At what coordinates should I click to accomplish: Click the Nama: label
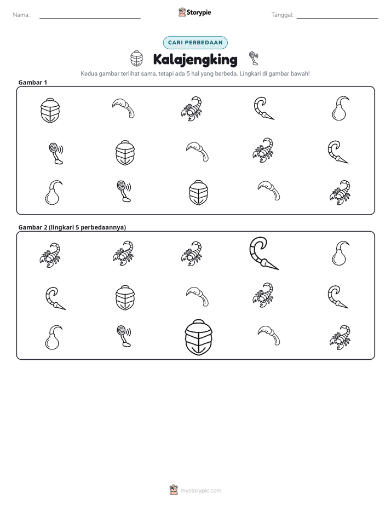(21, 15)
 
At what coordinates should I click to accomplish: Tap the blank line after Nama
(90, 19)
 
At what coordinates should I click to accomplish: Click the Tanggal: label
(283, 15)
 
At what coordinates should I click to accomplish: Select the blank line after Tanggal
(337, 19)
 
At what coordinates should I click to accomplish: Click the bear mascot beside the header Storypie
(182, 12)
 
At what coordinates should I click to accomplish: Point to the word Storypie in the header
(199, 13)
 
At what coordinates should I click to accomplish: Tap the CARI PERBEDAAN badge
(195, 43)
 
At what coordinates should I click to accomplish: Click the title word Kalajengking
(195, 60)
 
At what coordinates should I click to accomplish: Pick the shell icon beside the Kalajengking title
(136, 59)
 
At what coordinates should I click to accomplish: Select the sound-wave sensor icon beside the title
(254, 58)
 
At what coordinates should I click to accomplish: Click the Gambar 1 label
(33, 82)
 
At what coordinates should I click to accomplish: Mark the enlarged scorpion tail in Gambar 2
(263, 254)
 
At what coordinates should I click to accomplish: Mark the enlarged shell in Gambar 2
(198, 337)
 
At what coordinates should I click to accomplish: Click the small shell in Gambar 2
(125, 297)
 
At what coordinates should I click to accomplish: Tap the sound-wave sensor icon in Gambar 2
(124, 336)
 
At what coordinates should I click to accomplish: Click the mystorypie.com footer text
(200, 491)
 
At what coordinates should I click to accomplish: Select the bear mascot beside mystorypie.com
(174, 490)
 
